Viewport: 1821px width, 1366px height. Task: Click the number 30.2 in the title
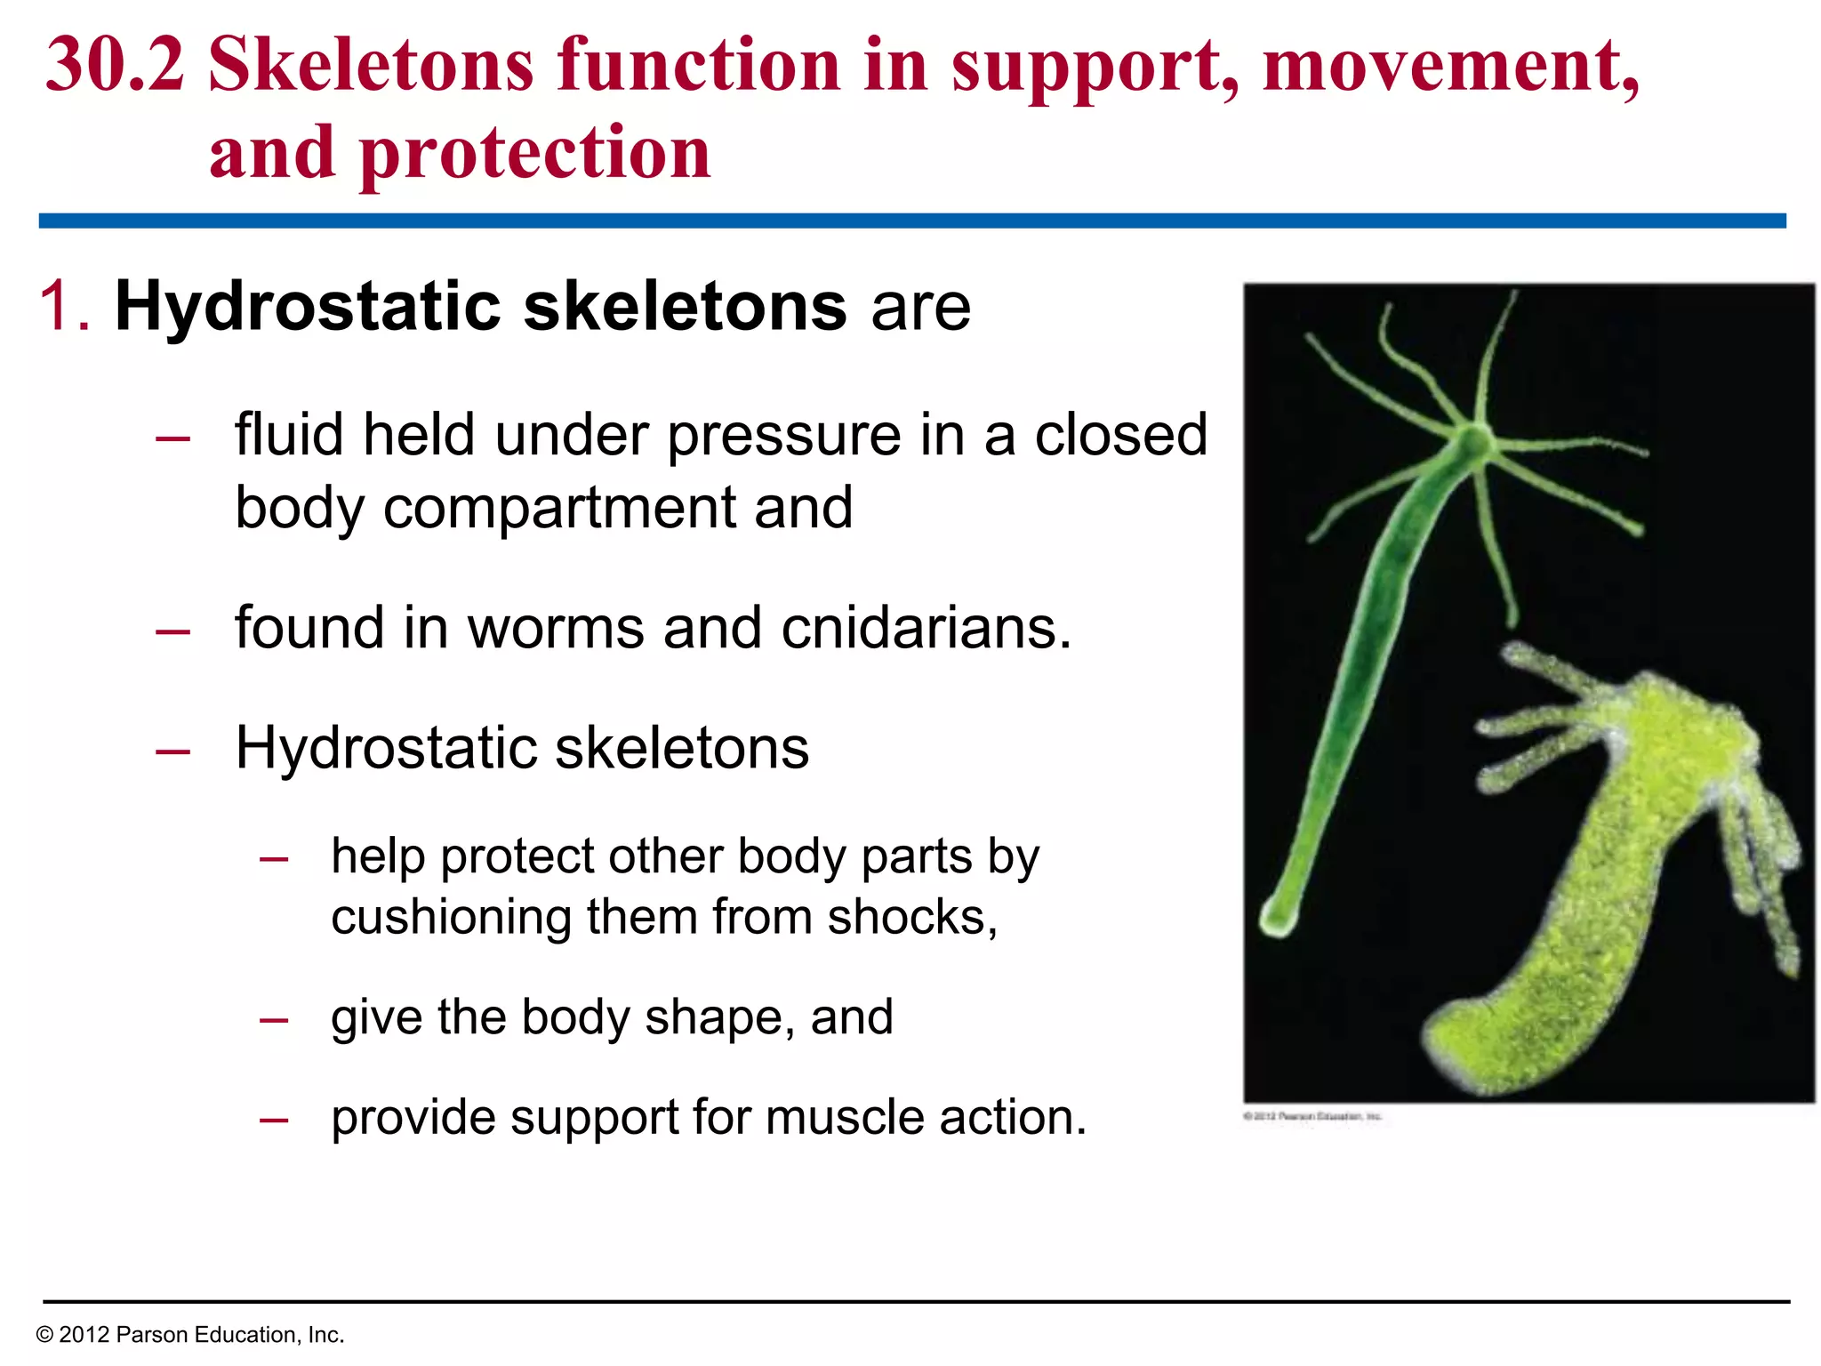[116, 67]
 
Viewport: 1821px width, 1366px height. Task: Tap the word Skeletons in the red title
[371, 67]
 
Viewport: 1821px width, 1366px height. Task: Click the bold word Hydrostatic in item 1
[309, 307]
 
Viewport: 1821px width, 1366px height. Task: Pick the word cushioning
[451, 918]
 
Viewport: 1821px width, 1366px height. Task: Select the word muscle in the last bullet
[844, 1118]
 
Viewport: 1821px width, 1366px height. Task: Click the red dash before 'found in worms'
[172, 631]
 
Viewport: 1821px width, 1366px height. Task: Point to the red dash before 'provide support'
[273, 1121]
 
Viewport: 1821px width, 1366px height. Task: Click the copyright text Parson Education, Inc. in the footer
[229, 1335]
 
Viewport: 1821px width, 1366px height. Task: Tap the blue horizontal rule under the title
[911, 221]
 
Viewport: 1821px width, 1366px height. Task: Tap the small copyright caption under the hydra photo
[1312, 1116]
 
